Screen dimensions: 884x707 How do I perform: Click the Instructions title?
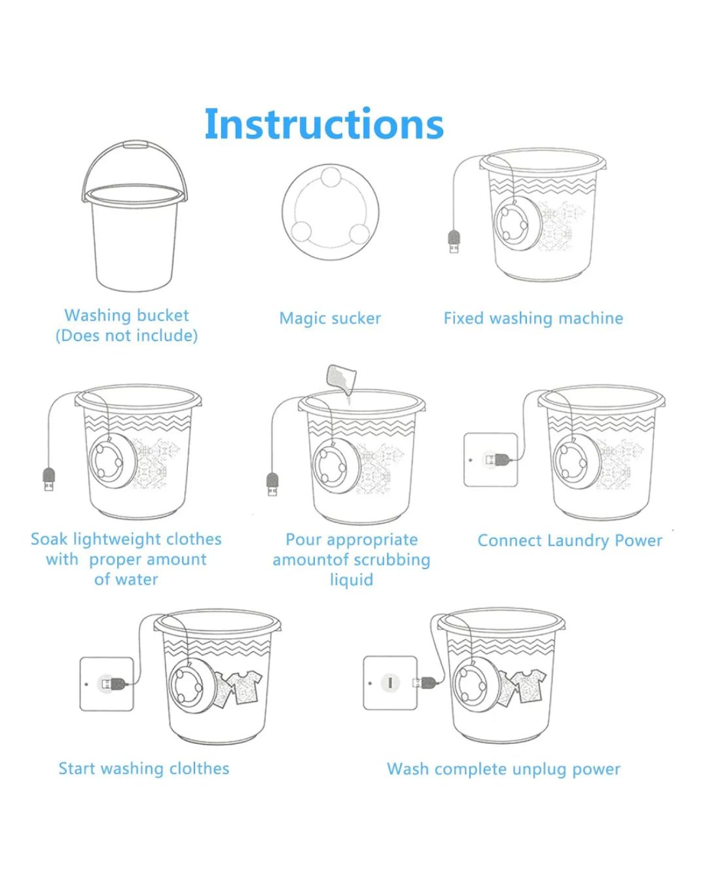[323, 124]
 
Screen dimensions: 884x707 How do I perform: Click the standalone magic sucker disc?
[331, 212]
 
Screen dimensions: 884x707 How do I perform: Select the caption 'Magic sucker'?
[330, 319]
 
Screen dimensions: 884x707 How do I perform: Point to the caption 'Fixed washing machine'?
[533, 319]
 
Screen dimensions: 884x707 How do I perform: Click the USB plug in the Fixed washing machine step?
[454, 242]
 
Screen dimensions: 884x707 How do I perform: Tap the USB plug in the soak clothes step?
[49, 479]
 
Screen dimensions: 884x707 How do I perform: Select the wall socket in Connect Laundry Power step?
[490, 460]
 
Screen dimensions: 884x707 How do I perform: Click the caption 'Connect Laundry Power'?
[570, 541]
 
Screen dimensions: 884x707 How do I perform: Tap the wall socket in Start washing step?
[107, 684]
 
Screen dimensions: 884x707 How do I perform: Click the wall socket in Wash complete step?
[390, 683]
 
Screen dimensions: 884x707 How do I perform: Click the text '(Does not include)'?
[126, 336]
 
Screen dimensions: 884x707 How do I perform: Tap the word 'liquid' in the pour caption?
[352, 580]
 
